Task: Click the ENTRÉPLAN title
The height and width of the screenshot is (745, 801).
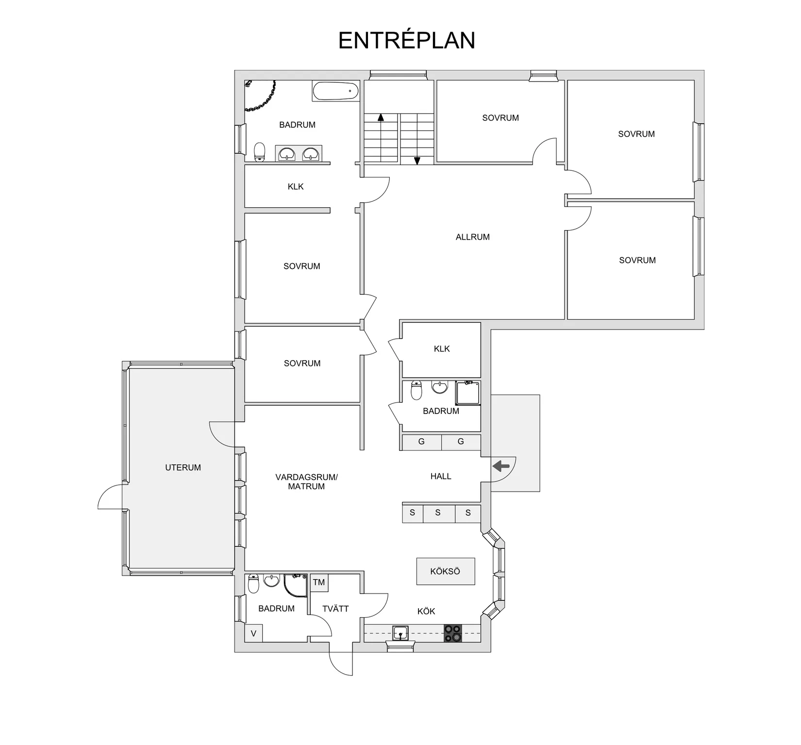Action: coord(406,40)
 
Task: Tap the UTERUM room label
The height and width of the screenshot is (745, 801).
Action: coord(183,467)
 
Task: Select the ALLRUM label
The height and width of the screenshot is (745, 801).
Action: coord(473,237)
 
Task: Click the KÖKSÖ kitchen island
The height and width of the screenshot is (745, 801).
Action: coord(446,571)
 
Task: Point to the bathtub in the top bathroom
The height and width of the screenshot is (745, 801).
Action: coord(335,91)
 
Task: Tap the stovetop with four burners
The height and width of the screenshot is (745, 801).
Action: coord(453,633)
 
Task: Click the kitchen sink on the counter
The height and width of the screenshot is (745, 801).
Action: coord(400,633)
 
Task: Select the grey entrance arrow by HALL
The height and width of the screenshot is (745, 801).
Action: coord(501,466)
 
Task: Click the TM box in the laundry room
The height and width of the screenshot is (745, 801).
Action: coord(319,582)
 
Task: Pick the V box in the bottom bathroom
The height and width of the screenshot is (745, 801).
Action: coord(253,633)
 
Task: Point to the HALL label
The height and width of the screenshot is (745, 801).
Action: coord(441,476)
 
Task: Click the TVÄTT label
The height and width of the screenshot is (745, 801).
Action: coord(335,608)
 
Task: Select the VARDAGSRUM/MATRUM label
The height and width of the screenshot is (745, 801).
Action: coord(306,481)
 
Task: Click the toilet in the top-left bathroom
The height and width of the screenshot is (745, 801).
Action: coord(260,152)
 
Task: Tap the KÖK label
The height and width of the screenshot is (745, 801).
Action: coord(426,611)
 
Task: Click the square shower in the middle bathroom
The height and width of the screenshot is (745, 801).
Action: coord(468,393)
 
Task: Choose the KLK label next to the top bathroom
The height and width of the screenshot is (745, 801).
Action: coord(296,186)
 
